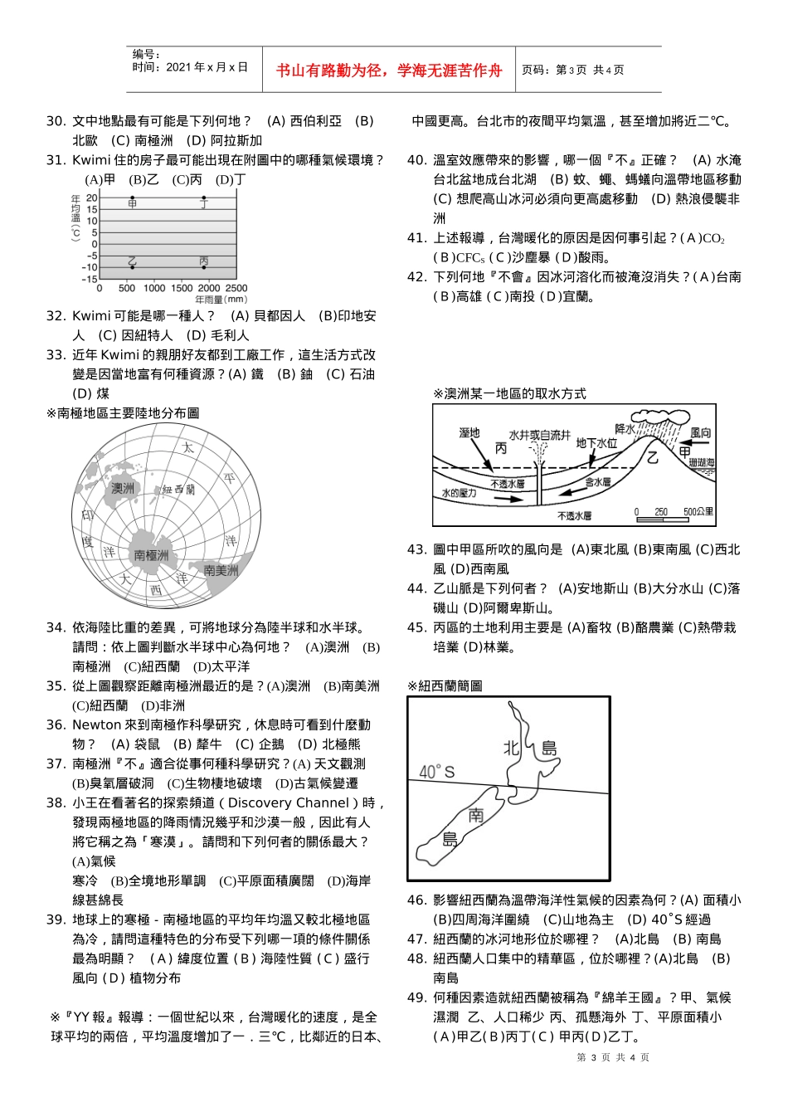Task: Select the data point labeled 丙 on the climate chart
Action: pyautogui.click(x=204, y=266)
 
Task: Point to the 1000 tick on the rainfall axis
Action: pyautogui.click(x=154, y=288)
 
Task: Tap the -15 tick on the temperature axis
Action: pyautogui.click(x=90, y=280)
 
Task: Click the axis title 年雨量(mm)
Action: pyautogui.click(x=221, y=299)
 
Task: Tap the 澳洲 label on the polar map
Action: pyautogui.click(x=123, y=488)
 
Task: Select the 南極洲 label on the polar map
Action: pyautogui.click(x=151, y=555)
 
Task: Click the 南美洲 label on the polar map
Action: pyautogui.click(x=221, y=570)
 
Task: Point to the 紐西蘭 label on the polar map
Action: pyautogui.click(x=178, y=490)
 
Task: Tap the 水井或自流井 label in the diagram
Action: pyautogui.click(x=539, y=435)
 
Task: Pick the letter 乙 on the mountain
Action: pyautogui.click(x=653, y=457)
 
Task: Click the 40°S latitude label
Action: pyautogui.click(x=436, y=772)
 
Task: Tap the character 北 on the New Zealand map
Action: pyautogui.click(x=512, y=748)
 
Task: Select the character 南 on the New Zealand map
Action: pyautogui.click(x=476, y=815)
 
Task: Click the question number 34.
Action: pyautogui.click(x=55, y=627)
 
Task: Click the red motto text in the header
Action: pyautogui.click(x=389, y=71)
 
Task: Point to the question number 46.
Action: pyautogui.click(x=416, y=900)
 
